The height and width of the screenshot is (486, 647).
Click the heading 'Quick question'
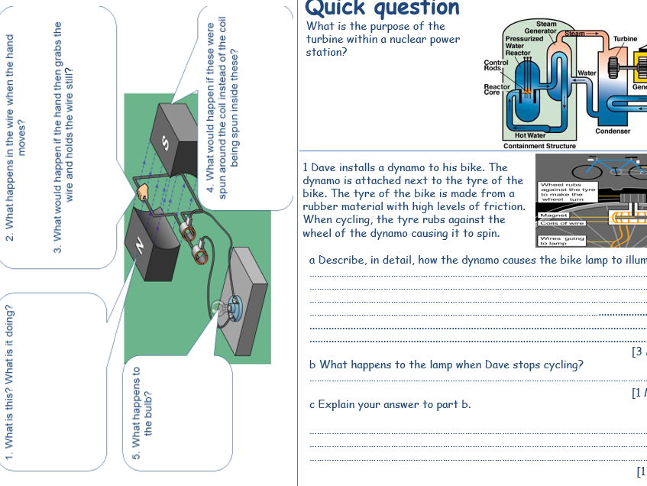pos(383,8)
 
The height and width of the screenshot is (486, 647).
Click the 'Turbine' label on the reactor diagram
pos(625,39)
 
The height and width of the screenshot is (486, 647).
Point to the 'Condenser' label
pos(613,131)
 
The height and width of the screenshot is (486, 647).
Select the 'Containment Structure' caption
pos(539,145)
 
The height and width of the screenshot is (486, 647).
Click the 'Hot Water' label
pos(530,135)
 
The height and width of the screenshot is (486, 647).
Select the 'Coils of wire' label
pos(561,223)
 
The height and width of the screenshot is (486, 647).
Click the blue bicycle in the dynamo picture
pos(603,169)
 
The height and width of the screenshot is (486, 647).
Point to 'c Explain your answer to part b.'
pos(390,404)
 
